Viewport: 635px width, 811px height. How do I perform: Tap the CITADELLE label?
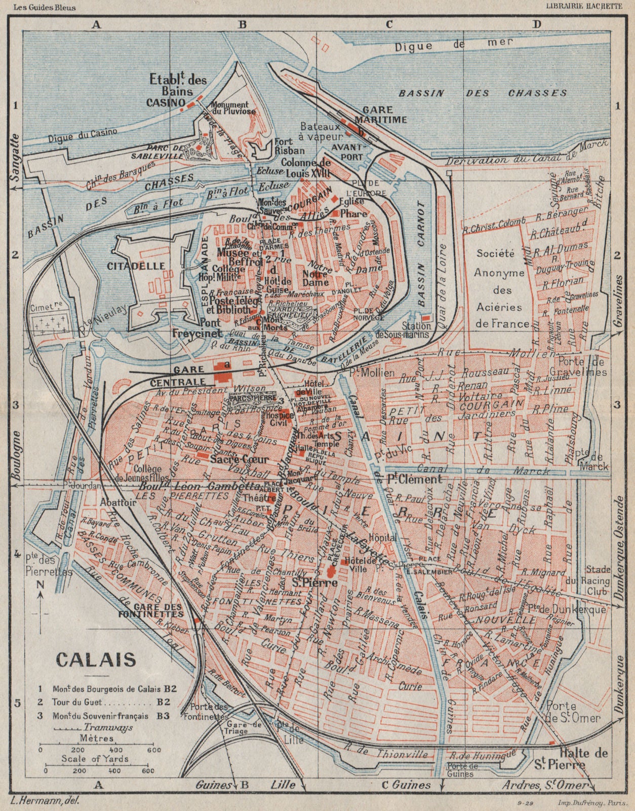point(136,266)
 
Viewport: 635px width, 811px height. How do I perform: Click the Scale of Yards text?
point(95,759)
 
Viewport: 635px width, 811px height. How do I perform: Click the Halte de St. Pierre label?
point(583,759)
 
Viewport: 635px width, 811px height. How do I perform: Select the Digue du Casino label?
point(83,134)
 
